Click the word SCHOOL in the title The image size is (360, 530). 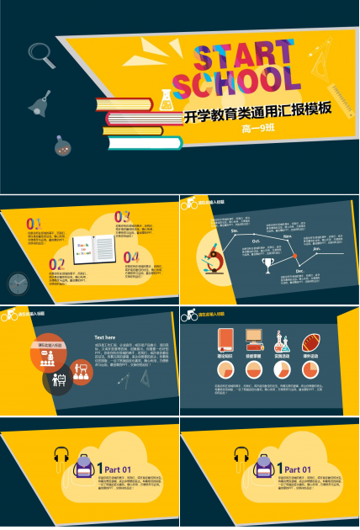(x=236, y=82)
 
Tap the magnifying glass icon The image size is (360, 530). (x=40, y=55)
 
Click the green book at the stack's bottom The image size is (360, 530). (x=144, y=142)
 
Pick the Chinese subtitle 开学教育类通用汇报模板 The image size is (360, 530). (x=257, y=110)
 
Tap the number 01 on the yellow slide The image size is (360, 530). (x=34, y=224)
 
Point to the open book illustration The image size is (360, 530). (x=93, y=247)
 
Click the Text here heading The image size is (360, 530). (x=104, y=337)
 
